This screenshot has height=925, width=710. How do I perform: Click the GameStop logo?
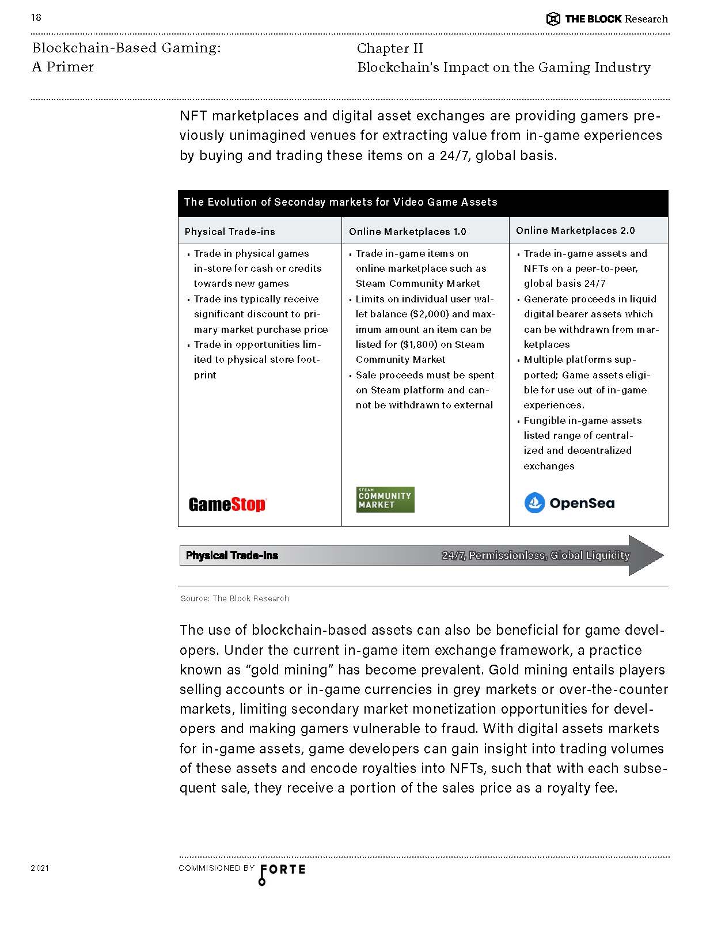pyautogui.click(x=227, y=505)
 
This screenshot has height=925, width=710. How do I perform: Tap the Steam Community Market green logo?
pyautogui.click(x=385, y=499)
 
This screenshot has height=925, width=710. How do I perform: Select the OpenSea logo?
pyautogui.click(x=569, y=503)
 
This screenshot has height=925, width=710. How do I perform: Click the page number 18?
pyautogui.click(x=36, y=17)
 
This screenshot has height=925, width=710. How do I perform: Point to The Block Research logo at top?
pyautogui.click(x=607, y=19)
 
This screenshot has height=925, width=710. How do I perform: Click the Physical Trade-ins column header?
pyautogui.click(x=230, y=232)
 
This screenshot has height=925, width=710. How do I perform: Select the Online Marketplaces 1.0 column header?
pyautogui.click(x=407, y=232)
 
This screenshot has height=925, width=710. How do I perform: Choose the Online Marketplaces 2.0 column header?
pyautogui.click(x=575, y=230)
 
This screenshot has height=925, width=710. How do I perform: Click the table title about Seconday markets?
pyautogui.click(x=340, y=202)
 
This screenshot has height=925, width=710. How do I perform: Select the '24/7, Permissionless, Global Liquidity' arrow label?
pyautogui.click(x=536, y=555)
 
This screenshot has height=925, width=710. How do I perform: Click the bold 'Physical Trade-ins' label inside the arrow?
pyautogui.click(x=231, y=555)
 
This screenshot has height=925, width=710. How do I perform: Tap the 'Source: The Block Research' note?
pyautogui.click(x=235, y=598)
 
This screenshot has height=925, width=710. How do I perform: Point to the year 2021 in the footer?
pyautogui.click(x=40, y=868)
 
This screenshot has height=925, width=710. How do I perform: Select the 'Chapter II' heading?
pyautogui.click(x=390, y=48)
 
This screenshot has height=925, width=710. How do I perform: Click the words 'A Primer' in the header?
pyautogui.click(x=63, y=67)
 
